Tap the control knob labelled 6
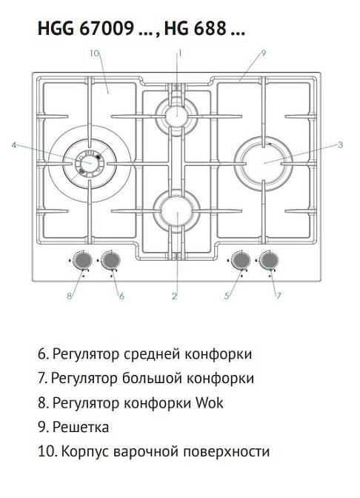[x=111, y=260]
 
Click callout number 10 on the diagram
[x=93, y=53]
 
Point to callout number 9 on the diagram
[x=264, y=53]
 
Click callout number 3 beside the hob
[x=339, y=145]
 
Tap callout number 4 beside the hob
[x=13, y=145]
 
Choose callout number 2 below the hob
[x=174, y=296]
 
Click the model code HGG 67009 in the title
[x=86, y=30]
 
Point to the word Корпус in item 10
[x=85, y=451]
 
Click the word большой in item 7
[x=149, y=379]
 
